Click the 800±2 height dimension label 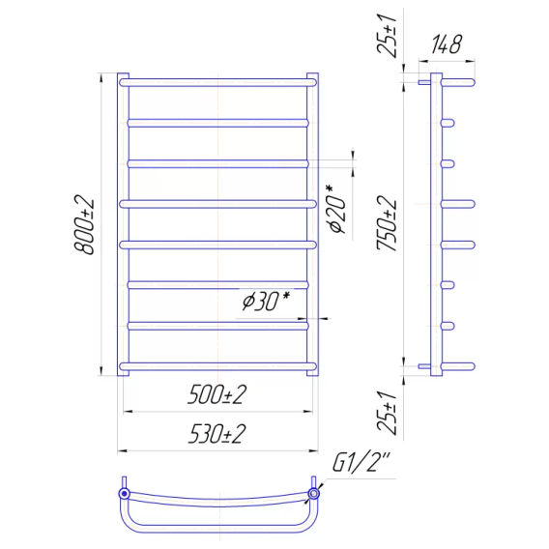(84, 224)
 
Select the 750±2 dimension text (387, 223)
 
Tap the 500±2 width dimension (217, 394)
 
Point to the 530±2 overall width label (217, 434)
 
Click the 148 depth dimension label (447, 44)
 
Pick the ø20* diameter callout (336, 209)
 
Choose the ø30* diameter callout (266, 302)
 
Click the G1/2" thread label (361, 462)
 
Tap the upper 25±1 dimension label (387, 36)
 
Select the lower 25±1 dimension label (387, 413)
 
